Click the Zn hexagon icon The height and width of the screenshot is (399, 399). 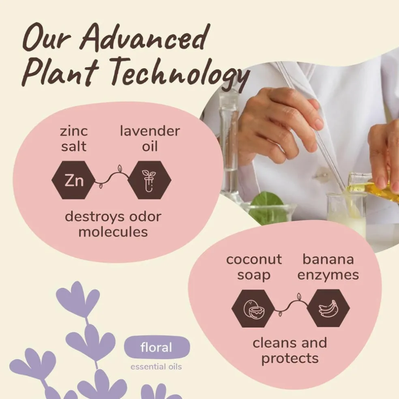click(73, 180)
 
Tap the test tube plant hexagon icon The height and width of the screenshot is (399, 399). click(149, 180)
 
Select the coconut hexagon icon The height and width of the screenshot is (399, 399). click(253, 309)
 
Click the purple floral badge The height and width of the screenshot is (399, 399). click(157, 347)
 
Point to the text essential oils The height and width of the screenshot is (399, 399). click(156, 367)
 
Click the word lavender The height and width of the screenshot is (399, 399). click(150, 131)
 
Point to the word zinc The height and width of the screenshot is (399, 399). click(74, 131)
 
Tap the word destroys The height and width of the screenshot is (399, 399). click(94, 217)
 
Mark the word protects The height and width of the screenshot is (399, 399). click(290, 359)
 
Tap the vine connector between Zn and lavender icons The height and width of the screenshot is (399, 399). click(112, 177)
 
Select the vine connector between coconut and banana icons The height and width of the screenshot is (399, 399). click(291, 305)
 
